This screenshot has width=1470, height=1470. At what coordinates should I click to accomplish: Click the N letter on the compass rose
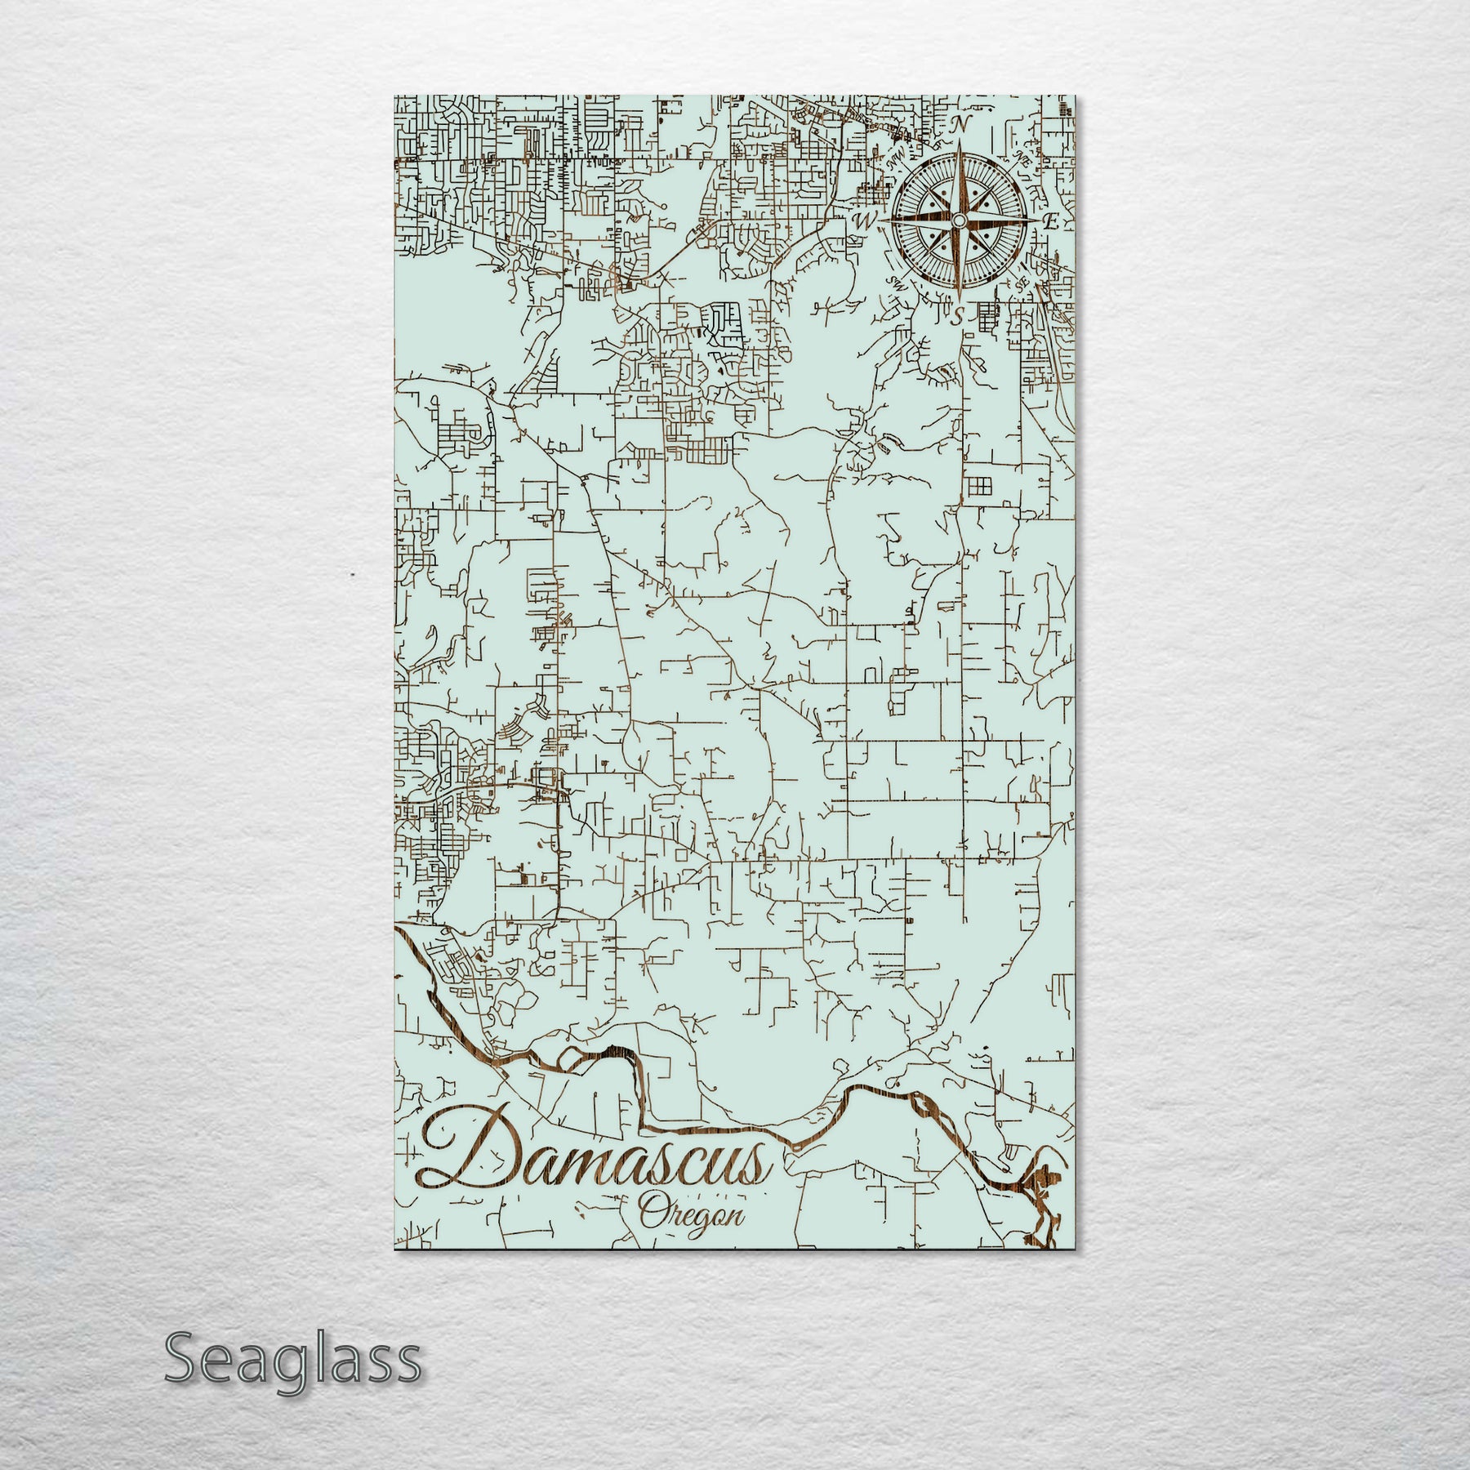coord(962,125)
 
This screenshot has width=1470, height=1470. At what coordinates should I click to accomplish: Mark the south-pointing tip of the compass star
coord(957,297)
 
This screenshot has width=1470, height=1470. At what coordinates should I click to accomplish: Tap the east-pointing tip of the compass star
coord(1034,220)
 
